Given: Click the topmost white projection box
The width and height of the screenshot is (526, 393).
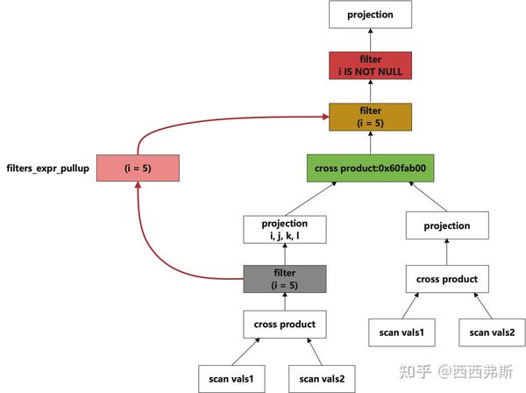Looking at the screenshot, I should click(x=369, y=15).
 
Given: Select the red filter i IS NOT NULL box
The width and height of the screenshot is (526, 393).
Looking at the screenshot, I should click(x=369, y=66).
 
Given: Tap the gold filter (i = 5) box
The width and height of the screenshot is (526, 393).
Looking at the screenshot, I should click(x=369, y=117).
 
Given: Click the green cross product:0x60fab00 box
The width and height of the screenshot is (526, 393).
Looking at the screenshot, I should click(x=369, y=168).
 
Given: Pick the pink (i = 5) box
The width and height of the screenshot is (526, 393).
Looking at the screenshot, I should click(x=139, y=168).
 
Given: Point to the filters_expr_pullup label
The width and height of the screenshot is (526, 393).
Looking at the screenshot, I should click(x=48, y=168).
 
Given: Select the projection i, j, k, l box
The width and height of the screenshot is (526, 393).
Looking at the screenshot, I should click(x=284, y=230).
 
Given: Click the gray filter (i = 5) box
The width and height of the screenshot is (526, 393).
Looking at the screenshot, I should click(x=284, y=279).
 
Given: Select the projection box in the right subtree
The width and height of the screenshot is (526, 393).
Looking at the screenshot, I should click(x=447, y=225).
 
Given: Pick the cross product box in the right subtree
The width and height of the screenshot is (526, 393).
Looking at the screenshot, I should click(x=447, y=279).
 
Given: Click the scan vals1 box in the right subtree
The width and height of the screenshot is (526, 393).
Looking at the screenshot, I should click(x=402, y=332).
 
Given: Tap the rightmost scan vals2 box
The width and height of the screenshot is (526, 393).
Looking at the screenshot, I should click(x=493, y=332).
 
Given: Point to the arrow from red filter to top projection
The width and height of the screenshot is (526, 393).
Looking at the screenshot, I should click(x=369, y=39).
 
